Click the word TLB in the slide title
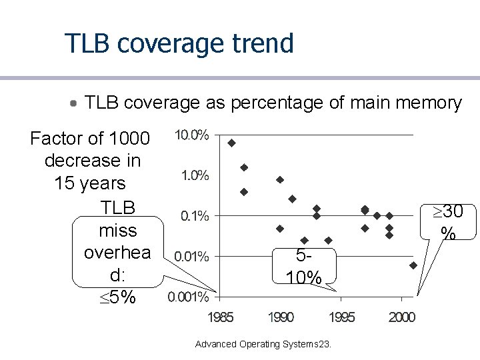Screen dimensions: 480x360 (x=87, y=43)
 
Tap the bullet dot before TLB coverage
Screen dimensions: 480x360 (x=73, y=103)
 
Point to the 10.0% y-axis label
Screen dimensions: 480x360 (x=192, y=135)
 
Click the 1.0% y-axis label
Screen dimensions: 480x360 (x=195, y=176)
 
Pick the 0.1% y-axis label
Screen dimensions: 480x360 (x=195, y=216)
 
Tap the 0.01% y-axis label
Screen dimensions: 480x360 (x=191, y=257)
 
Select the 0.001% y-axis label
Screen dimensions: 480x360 (x=188, y=297)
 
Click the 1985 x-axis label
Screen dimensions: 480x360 (x=221, y=317)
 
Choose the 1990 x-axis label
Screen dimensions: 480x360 (x=281, y=317)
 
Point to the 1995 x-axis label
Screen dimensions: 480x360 (x=341, y=317)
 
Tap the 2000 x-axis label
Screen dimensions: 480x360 (x=402, y=317)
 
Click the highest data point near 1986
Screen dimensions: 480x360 (x=232, y=143)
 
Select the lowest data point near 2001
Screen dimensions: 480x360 (x=413, y=265)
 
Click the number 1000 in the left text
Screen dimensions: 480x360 (x=129, y=139)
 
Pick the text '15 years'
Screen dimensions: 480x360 (x=90, y=183)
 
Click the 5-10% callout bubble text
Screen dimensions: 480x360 (x=304, y=266)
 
